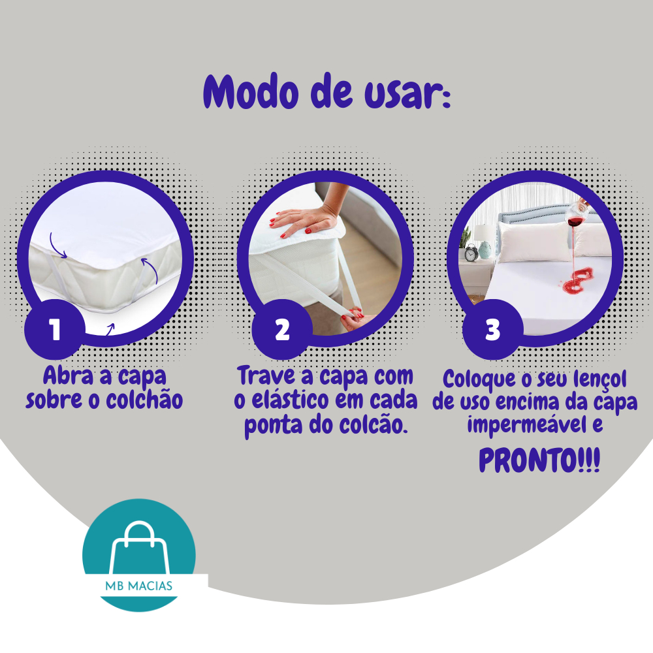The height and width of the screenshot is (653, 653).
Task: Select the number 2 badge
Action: [x=282, y=329]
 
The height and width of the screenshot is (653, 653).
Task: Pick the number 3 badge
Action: [x=492, y=329]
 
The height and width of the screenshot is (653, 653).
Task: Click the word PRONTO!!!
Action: [x=539, y=460]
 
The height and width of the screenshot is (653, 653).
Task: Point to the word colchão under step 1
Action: [x=144, y=401]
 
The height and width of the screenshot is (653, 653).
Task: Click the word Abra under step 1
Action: [x=69, y=375]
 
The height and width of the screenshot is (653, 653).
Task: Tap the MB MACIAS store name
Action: [x=138, y=586]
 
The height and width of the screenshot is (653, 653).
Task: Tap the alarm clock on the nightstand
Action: [x=471, y=253]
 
